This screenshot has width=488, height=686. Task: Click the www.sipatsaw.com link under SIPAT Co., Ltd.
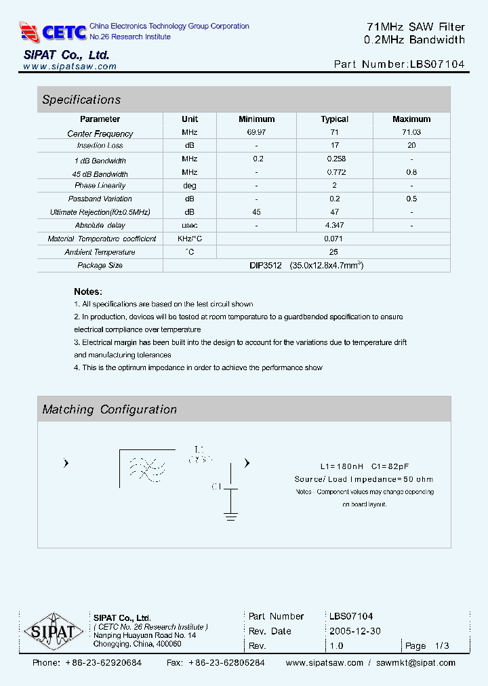click(x=70, y=66)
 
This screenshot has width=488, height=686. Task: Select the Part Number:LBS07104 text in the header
click(x=399, y=65)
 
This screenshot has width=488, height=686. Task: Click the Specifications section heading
click(x=81, y=100)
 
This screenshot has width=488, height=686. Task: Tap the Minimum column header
click(x=256, y=119)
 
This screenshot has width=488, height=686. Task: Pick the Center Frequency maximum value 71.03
click(x=411, y=133)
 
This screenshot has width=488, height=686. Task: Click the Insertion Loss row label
click(x=100, y=146)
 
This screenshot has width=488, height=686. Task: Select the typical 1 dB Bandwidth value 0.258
click(x=334, y=159)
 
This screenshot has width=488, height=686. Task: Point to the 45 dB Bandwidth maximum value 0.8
click(x=411, y=172)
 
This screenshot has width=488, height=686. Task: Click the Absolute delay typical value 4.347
click(x=334, y=225)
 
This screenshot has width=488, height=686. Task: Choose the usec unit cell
click(x=190, y=225)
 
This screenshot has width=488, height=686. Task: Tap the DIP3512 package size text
click(x=265, y=265)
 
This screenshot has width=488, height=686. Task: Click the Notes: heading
click(x=87, y=291)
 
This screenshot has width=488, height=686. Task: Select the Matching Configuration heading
click(x=109, y=409)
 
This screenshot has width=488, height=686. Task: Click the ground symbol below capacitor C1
click(x=230, y=517)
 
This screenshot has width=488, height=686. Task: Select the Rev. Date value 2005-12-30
click(x=354, y=631)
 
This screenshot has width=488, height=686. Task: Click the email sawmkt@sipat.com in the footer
click(x=415, y=663)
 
